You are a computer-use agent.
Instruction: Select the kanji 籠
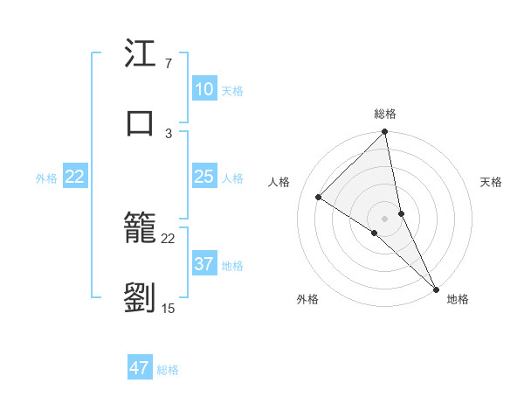click(141, 231)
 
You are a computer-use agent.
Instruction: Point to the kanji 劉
click(141, 298)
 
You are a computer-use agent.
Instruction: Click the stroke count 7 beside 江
click(168, 64)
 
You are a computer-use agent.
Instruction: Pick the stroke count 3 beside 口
click(169, 133)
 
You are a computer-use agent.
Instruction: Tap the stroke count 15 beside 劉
click(169, 308)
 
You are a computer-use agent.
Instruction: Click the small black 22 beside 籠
click(169, 239)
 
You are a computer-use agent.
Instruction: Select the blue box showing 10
click(204, 89)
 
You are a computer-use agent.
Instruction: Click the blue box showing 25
click(204, 177)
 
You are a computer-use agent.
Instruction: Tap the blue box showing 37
click(204, 264)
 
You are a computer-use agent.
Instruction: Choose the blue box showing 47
click(140, 368)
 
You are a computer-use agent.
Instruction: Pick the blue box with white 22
click(75, 177)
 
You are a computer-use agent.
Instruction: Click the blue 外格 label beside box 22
click(46, 178)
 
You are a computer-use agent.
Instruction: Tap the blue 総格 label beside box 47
click(168, 370)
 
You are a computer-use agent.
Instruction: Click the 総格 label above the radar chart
click(385, 114)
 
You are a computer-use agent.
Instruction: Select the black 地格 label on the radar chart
click(458, 299)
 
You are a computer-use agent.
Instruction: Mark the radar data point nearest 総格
click(384, 133)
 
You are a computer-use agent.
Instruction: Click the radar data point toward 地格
click(435, 289)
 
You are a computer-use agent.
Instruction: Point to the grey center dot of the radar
click(384, 218)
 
